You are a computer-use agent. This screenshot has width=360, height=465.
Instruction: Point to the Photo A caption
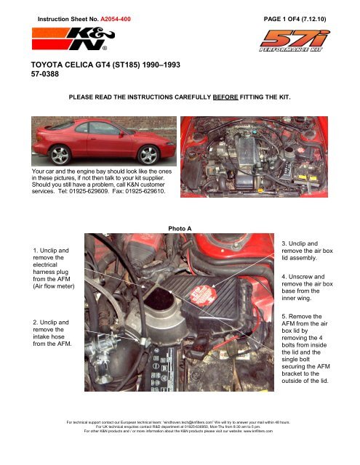[x=180, y=228]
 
